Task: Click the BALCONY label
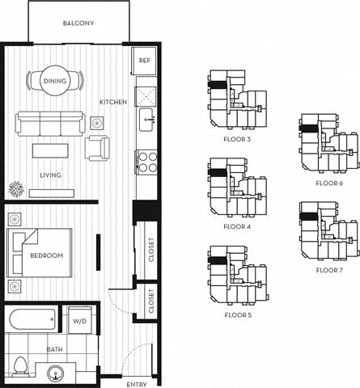(x=78, y=23)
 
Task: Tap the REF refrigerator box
(x=144, y=61)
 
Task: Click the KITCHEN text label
(x=112, y=103)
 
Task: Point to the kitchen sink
(x=146, y=121)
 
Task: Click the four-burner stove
(x=146, y=162)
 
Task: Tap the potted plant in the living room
(x=15, y=190)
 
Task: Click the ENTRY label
(x=138, y=383)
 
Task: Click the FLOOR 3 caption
(x=237, y=138)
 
